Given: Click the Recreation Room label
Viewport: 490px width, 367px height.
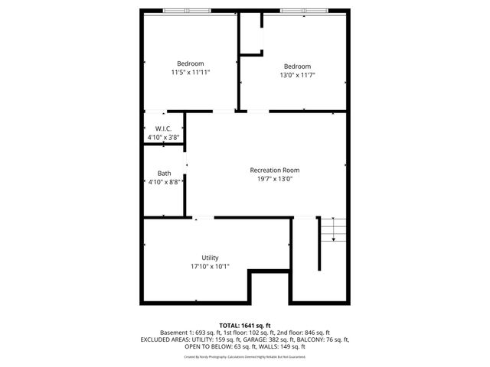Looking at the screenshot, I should tap(274, 170).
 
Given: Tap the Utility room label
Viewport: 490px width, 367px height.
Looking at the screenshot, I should tap(210, 258).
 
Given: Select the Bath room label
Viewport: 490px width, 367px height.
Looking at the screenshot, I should tap(164, 174).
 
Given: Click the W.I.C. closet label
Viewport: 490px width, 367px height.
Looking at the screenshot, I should tap(163, 128).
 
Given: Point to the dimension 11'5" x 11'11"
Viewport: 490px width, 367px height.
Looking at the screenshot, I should tap(191, 72).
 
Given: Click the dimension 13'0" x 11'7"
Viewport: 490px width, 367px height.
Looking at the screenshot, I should tap(297, 75).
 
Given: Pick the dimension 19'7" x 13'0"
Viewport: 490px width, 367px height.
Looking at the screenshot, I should tap(274, 178).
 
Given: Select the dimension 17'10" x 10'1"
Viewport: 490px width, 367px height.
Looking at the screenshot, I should tap(210, 266).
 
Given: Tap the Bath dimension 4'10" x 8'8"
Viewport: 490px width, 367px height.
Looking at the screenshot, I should tap(164, 182).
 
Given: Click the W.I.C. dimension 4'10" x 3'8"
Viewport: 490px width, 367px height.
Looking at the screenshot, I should tap(163, 137).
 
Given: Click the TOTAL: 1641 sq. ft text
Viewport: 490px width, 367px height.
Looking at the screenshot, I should tap(245, 325).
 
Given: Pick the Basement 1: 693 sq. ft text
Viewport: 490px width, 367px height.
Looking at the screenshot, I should tap(188, 333).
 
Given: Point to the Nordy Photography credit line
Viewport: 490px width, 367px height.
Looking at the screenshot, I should tap(245, 356).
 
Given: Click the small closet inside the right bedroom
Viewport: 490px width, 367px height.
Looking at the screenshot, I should tap(251, 34).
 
